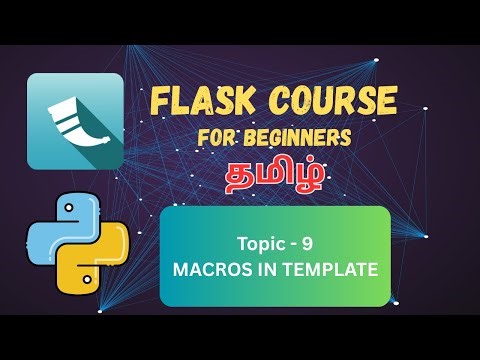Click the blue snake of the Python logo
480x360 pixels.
(x=57, y=226)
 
